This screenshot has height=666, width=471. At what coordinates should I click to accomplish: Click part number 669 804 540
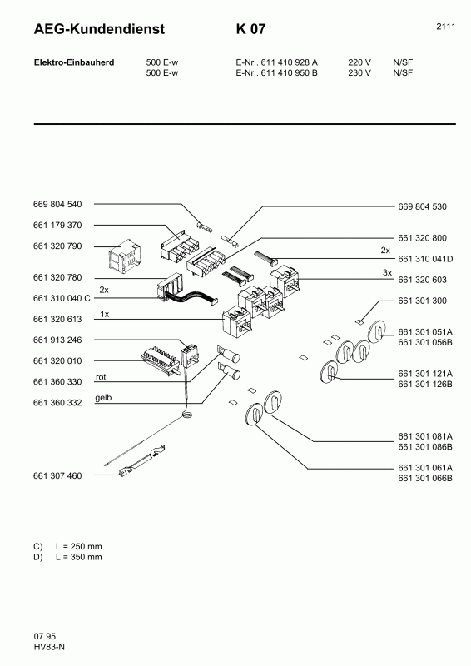(x=57, y=204)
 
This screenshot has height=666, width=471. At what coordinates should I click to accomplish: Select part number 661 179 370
(x=57, y=226)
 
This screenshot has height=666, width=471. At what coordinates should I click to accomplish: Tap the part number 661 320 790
(x=57, y=246)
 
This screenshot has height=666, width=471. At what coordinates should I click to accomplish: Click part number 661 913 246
(x=57, y=340)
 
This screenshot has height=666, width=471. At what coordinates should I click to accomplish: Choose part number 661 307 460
(x=57, y=475)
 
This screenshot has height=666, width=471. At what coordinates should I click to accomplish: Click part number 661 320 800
(x=423, y=236)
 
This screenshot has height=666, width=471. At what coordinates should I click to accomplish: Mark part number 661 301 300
(x=423, y=300)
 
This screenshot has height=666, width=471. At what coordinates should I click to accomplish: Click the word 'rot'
(x=101, y=376)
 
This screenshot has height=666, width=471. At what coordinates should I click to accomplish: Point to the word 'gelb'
(x=103, y=398)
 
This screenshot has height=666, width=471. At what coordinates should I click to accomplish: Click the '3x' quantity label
(x=385, y=272)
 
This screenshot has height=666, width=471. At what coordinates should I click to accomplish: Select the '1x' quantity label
(x=104, y=313)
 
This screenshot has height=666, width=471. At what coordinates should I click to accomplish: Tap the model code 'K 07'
(x=251, y=30)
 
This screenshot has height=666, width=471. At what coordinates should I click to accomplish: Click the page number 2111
(x=445, y=27)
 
